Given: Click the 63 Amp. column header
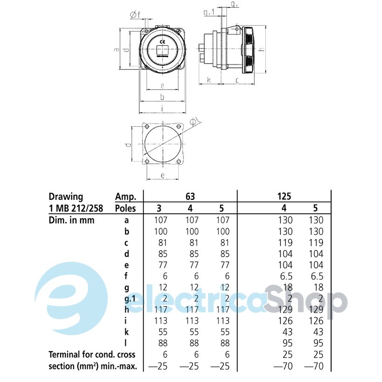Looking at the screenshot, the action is [x=190, y=197].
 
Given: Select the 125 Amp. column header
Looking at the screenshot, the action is [x=284, y=197].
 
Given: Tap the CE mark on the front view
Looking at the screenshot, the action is [x=161, y=41].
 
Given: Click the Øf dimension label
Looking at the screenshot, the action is [x=135, y=15].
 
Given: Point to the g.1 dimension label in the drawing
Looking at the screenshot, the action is [x=209, y=12].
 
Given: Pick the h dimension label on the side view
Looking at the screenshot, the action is [x=262, y=49].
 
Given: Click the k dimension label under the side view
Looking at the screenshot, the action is [x=209, y=80].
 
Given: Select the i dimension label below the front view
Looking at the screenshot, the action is [x=162, y=109].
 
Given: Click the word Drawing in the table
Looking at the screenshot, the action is [x=66, y=197].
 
